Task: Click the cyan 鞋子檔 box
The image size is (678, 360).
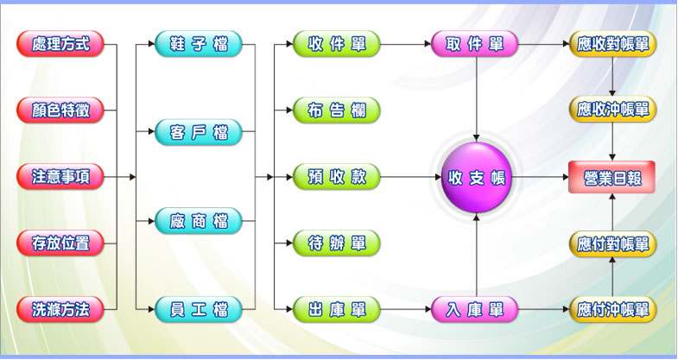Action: (199, 44)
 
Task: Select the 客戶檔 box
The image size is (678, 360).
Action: (199, 133)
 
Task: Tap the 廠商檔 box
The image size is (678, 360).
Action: (199, 221)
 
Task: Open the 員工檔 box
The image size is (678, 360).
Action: (199, 309)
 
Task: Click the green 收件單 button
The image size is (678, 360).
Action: (337, 44)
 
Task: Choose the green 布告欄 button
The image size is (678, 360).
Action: (337, 111)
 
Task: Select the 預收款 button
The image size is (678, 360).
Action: (337, 177)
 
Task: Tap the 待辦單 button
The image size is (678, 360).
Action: (337, 243)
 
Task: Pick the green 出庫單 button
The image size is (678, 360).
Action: (337, 309)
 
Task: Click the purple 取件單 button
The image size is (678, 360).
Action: (475, 44)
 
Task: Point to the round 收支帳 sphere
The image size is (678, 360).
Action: (476, 178)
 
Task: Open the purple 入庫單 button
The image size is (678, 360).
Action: (475, 309)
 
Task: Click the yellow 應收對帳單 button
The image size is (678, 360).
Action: (613, 44)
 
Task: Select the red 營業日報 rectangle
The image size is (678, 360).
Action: (612, 177)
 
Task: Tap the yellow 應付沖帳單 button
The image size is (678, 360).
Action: (613, 309)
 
